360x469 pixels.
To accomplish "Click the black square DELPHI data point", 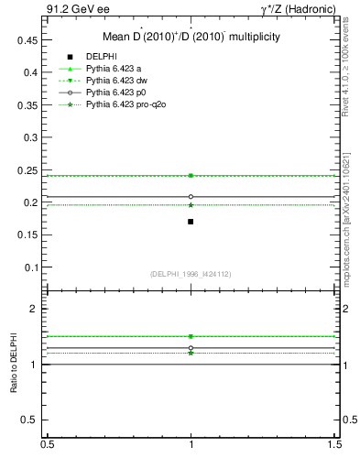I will [x=191, y=222].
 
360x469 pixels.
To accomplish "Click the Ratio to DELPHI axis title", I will [x=15, y=367].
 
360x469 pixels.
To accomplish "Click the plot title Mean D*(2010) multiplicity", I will [x=191, y=37].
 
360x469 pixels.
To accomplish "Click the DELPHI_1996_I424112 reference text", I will [x=191, y=274].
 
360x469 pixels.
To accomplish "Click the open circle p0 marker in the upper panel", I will [x=191, y=196].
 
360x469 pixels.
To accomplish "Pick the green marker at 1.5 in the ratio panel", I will [x=191, y=336].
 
